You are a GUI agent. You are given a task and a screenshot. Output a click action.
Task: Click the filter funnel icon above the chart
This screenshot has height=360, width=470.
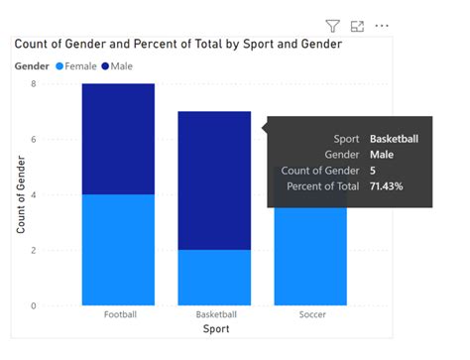(332, 26)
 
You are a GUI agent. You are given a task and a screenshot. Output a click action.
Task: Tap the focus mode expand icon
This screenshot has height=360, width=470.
(357, 26)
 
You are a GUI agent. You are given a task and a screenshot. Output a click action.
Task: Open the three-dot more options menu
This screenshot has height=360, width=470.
(382, 26)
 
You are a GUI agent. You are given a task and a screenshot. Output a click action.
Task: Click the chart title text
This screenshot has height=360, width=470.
(177, 45)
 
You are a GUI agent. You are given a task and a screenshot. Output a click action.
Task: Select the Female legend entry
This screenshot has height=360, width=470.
(78, 65)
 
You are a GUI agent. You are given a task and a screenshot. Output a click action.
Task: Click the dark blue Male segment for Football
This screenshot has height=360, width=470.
(118, 139)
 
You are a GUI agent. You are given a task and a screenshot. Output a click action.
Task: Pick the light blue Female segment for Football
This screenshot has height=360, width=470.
(118, 249)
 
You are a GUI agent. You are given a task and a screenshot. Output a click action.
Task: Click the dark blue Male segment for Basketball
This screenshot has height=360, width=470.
(214, 180)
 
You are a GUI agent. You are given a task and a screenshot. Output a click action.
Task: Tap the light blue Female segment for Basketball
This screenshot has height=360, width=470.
(214, 277)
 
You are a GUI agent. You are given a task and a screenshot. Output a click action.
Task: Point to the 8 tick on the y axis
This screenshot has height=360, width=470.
(33, 84)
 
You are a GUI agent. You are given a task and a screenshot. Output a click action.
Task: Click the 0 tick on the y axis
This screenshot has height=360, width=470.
(33, 305)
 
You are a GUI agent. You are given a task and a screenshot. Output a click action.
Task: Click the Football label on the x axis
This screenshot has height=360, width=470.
(119, 315)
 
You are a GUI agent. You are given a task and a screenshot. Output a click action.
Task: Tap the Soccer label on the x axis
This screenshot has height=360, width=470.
(310, 315)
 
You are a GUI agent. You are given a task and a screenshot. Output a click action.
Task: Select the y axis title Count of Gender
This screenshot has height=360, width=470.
(20, 193)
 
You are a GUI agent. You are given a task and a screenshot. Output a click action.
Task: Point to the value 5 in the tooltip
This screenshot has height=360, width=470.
(373, 171)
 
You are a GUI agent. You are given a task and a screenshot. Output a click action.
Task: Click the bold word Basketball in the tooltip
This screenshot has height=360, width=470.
(394, 139)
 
